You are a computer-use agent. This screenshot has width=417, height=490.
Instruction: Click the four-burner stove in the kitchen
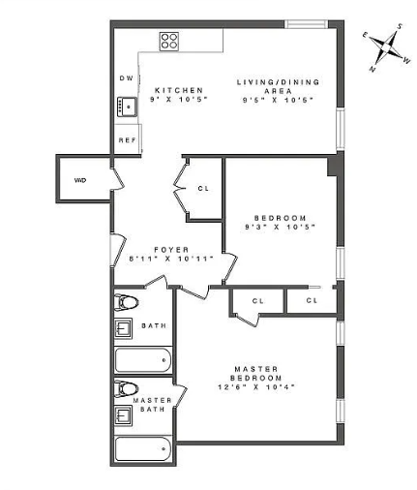pyautogui.click(x=169, y=42)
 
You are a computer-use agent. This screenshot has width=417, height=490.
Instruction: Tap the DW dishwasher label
pyautogui.click(x=127, y=78)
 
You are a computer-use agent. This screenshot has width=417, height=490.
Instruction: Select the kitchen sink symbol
pyautogui.click(x=127, y=107)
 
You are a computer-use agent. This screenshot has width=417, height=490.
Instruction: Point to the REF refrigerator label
pyautogui.click(x=128, y=140)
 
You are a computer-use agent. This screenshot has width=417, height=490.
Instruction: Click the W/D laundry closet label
pyautogui.click(x=80, y=180)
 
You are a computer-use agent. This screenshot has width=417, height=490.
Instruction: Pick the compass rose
pyautogui.click(x=387, y=47)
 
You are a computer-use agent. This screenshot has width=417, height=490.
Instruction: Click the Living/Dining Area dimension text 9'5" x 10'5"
pyautogui.click(x=278, y=100)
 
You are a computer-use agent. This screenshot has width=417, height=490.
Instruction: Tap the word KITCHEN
pyautogui.click(x=179, y=90)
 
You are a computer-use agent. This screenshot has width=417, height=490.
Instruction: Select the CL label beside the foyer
pyautogui.click(x=203, y=189)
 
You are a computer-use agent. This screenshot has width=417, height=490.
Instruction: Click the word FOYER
pyautogui.click(x=171, y=250)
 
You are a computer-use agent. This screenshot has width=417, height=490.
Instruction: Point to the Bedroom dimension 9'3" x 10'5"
pyautogui.click(x=280, y=227)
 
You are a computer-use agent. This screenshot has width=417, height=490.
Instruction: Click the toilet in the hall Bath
pyautogui.click(x=126, y=302)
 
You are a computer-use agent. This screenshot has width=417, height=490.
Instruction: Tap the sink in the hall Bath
pyautogui.click(x=124, y=328)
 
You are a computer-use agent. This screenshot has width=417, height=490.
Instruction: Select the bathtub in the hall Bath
pyautogui.click(x=143, y=360)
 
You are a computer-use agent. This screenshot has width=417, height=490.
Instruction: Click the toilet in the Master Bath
pyautogui.click(x=126, y=388)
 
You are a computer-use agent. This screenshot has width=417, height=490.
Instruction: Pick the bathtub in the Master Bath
pyautogui.click(x=143, y=448)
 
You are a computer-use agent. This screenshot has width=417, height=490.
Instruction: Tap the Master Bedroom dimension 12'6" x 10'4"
pyautogui.click(x=256, y=386)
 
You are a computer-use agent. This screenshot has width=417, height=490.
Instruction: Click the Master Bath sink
pyautogui.click(x=124, y=415)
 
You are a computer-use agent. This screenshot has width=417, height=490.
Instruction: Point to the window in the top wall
pyautogui.click(x=306, y=24)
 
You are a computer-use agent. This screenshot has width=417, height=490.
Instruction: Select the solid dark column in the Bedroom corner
pyautogui.click(x=333, y=167)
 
